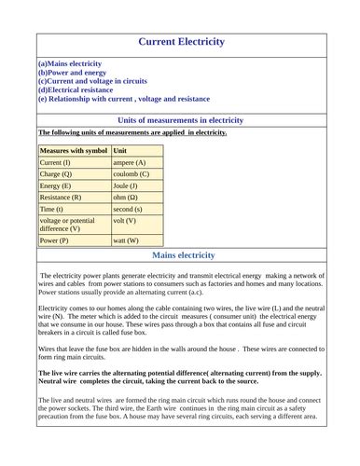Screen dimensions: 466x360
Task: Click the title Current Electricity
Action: click(x=182, y=42)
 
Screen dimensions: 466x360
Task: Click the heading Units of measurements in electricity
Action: click(x=182, y=120)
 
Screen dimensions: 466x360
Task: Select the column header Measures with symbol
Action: click(x=74, y=150)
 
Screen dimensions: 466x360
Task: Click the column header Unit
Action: click(x=120, y=150)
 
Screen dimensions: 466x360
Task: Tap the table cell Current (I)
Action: click(x=55, y=163)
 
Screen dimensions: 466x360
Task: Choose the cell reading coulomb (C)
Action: click(x=131, y=174)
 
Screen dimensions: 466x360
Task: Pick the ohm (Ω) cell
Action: click(x=126, y=198)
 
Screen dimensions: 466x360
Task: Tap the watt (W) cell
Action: click(x=125, y=240)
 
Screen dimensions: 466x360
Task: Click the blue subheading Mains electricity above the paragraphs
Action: click(x=183, y=255)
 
